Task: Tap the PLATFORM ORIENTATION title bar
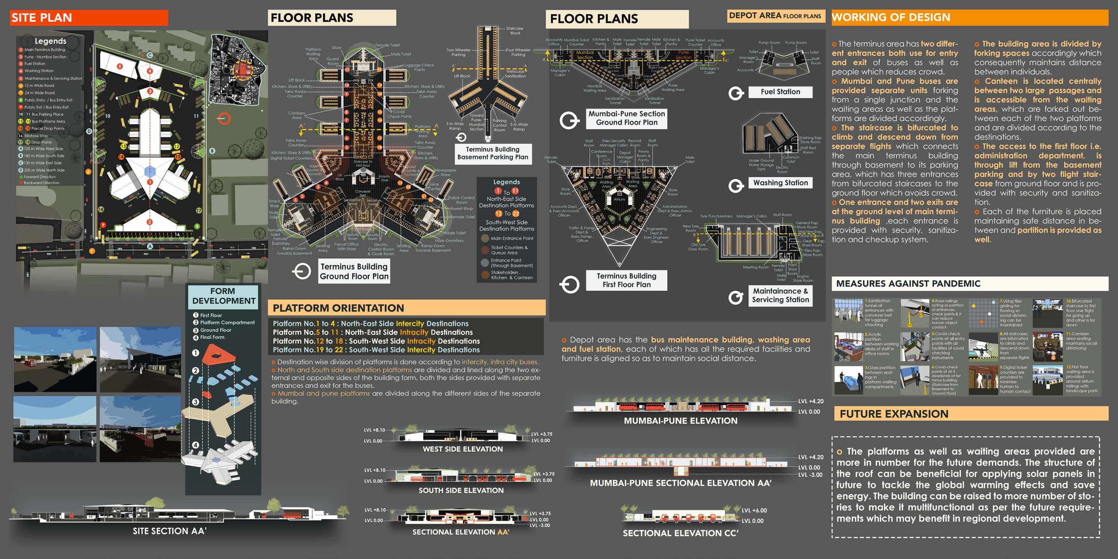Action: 406,308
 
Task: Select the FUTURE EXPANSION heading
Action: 970,414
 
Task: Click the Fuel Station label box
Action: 780,92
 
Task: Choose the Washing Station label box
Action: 780,183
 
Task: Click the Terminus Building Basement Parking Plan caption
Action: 493,153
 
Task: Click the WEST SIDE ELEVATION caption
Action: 462,449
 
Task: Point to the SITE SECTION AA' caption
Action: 169,531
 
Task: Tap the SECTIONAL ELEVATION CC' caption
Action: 680,533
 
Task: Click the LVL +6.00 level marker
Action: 754,511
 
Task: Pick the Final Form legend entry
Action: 212,337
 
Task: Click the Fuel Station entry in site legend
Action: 35,64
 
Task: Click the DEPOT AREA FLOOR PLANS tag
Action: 775,16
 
